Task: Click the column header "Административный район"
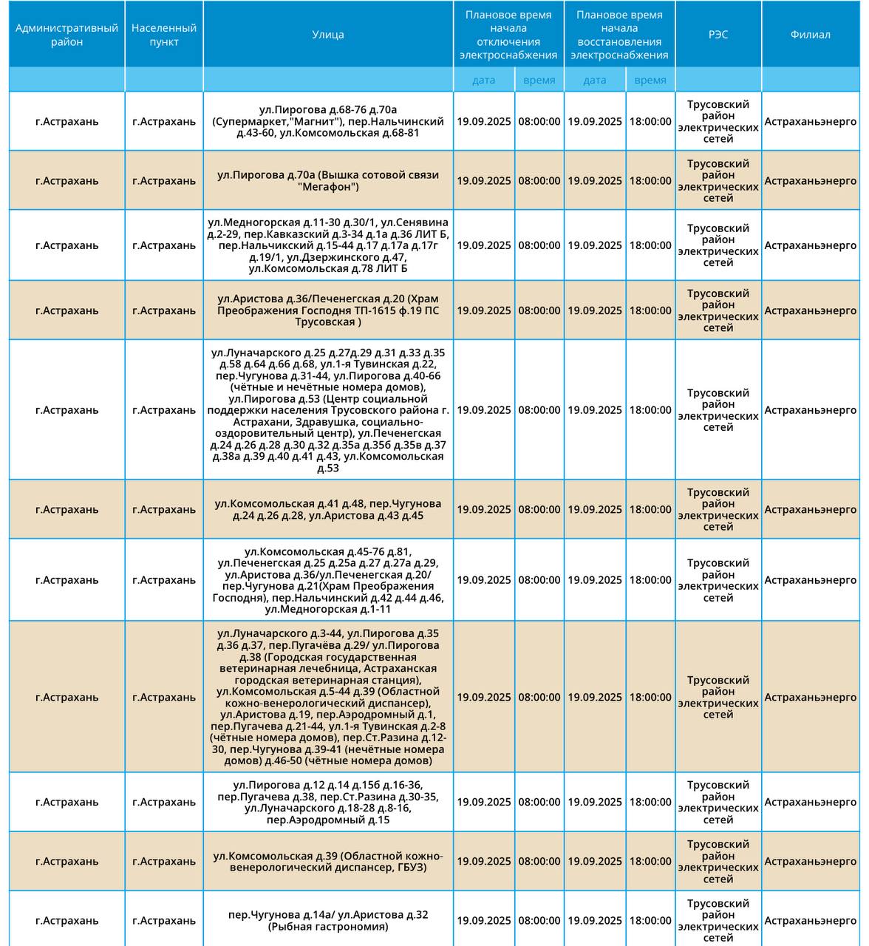(x=67, y=35)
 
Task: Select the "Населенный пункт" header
(x=163, y=35)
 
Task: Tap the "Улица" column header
(x=327, y=35)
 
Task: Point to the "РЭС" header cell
(x=718, y=35)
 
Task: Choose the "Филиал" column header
(x=810, y=35)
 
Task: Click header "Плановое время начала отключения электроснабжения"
(x=508, y=35)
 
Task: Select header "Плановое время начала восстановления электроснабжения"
(x=619, y=35)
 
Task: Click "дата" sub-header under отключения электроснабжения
(x=484, y=80)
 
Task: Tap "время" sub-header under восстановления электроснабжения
(x=650, y=80)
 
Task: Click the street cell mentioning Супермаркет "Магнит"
(x=327, y=122)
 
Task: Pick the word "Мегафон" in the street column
(x=328, y=187)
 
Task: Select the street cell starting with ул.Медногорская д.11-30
(x=327, y=245)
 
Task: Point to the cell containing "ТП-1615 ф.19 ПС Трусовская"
(x=327, y=310)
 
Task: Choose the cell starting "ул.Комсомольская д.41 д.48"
(x=327, y=509)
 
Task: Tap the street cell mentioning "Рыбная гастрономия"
(x=327, y=921)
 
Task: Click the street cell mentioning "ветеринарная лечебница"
(x=327, y=697)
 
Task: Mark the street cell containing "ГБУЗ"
(x=327, y=862)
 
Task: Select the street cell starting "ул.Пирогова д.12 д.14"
(x=327, y=802)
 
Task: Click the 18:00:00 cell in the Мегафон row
(x=650, y=181)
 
